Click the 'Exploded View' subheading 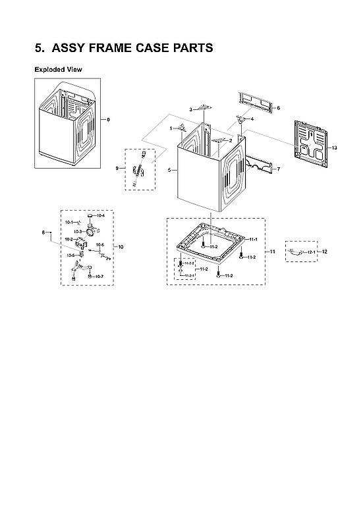tap(58, 69)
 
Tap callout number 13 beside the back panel tap(334, 148)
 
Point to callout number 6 tap(277, 108)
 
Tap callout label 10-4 tap(101, 216)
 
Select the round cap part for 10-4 tap(90, 215)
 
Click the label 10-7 tap(99, 277)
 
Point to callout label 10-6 tap(100, 245)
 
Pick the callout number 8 tap(44, 232)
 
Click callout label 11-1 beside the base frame tap(253, 239)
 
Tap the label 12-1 tap(312, 253)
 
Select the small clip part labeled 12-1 tap(298, 252)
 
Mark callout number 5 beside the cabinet tap(169, 171)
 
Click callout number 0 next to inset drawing tap(109, 119)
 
